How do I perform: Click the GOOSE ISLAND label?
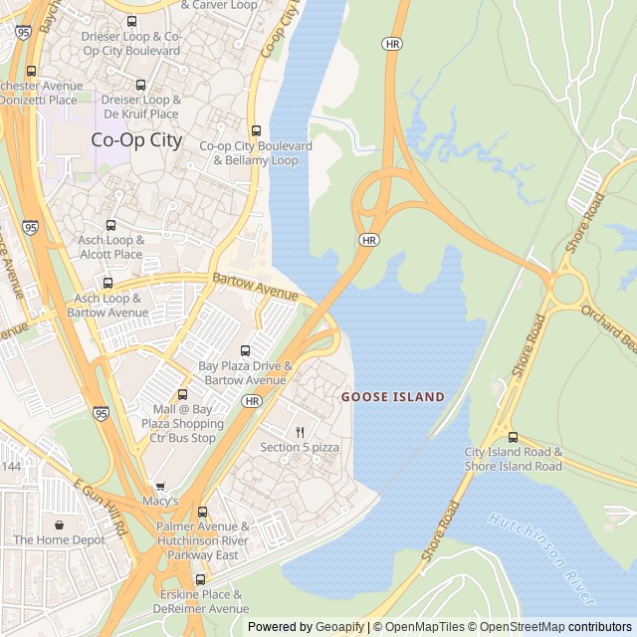393,397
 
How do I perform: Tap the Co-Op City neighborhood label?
136,140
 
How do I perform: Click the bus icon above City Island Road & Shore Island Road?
513,436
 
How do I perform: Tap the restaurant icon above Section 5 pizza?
300,432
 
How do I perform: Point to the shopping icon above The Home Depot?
59,525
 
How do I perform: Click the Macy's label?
160,501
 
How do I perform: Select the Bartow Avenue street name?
255,289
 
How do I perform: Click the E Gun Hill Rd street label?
101,509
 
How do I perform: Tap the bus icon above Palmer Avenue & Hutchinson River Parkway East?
202,512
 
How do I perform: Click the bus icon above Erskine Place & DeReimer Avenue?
200,578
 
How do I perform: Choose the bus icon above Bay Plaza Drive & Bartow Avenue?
245,350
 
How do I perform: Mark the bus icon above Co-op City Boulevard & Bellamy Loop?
256,130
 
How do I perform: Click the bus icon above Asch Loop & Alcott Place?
110,225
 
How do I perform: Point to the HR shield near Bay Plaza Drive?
251,401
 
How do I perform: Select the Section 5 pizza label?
300,448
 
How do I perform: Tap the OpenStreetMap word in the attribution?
517,627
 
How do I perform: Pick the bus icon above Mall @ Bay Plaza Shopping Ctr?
181,395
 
